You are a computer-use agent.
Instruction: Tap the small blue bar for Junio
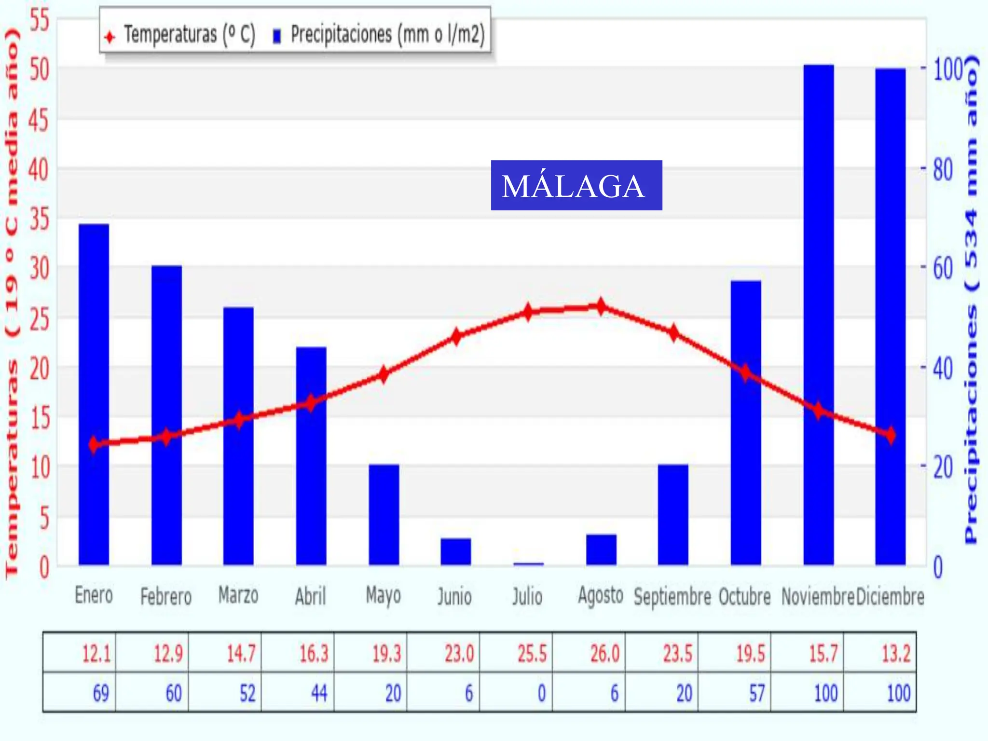(x=455, y=551)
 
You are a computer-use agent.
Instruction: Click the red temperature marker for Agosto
(x=601, y=306)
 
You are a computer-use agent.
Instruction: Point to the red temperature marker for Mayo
(x=384, y=374)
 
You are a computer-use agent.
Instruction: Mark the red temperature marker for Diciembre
(x=890, y=435)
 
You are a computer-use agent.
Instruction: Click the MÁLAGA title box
(x=576, y=185)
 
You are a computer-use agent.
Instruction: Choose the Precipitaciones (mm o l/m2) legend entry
(x=379, y=35)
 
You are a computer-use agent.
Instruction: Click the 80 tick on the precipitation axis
(x=943, y=170)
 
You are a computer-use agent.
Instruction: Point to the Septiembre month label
(x=672, y=597)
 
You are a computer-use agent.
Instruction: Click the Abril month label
(x=310, y=596)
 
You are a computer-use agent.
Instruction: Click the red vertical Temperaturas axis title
(x=12, y=304)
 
